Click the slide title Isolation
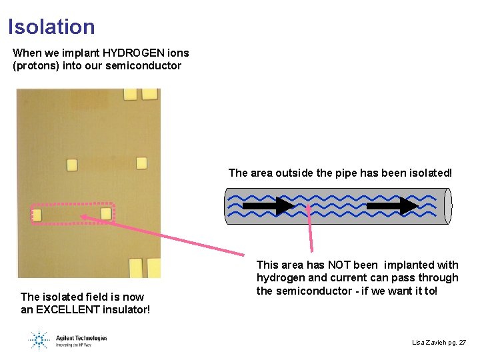pyautogui.click(x=51, y=27)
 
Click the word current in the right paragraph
pyautogui.click(x=347, y=277)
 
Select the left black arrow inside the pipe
pyautogui.click(x=267, y=206)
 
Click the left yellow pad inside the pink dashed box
pyautogui.click(x=37, y=215)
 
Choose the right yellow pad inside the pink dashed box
pyautogui.click(x=105, y=213)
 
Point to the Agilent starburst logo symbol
pyautogui.click(x=39, y=340)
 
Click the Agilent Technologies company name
pyautogui.click(x=79, y=338)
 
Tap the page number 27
pyautogui.click(x=462, y=342)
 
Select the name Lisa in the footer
pyautogui.click(x=419, y=342)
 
